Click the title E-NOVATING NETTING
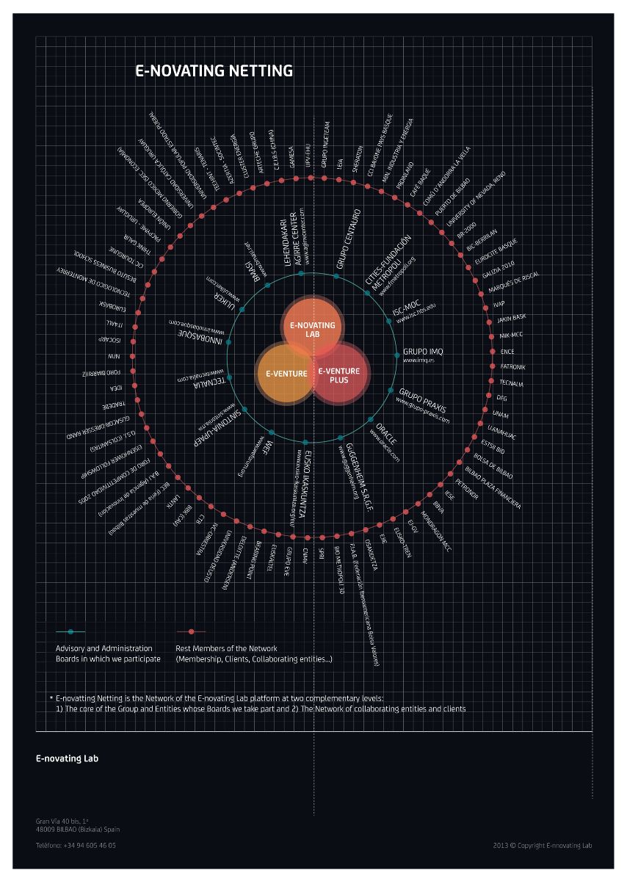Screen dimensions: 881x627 [x=214, y=71]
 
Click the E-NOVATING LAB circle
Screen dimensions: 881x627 [x=312, y=329]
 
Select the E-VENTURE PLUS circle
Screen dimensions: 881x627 [x=339, y=376]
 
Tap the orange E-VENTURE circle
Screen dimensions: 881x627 [x=286, y=374]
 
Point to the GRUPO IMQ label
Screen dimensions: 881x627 [x=423, y=352]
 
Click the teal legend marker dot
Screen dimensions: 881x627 [x=70, y=631]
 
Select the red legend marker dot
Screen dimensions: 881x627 [x=191, y=631]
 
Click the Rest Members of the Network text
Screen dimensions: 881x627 [x=226, y=648]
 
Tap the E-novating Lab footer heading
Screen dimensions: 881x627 [x=67, y=758]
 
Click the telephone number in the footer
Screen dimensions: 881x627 [x=76, y=845]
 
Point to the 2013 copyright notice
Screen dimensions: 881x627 [x=543, y=845]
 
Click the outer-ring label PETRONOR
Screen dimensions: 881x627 [x=467, y=489]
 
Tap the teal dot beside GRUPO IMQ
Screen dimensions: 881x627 [x=397, y=356]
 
